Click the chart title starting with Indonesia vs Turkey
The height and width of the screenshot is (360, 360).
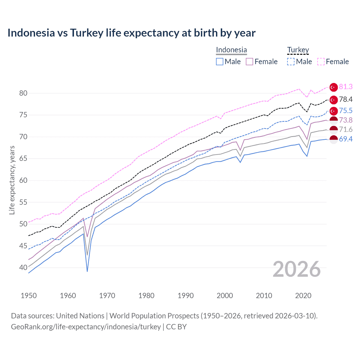click(131, 33)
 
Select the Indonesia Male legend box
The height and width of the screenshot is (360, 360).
click(220, 62)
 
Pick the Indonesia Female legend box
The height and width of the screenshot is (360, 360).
click(249, 62)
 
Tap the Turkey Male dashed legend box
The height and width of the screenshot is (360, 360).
click(291, 62)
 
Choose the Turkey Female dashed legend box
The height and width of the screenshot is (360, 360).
click(321, 62)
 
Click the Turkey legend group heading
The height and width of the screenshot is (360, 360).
click(298, 50)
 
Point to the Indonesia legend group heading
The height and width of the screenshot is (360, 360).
click(231, 50)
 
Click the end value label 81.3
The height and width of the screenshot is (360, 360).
click(346, 87)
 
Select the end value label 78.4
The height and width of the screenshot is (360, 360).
click(346, 99)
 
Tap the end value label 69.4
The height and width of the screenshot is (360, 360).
click(346, 139)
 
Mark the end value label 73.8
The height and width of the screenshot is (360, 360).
click(346, 120)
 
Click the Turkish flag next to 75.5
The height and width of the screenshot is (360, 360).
click(334, 111)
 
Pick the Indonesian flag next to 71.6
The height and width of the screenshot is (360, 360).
click(334, 130)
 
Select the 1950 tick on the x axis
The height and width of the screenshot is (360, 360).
click(29, 296)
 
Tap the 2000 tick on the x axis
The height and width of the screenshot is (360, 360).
click(225, 296)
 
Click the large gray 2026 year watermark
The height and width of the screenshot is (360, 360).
click(296, 269)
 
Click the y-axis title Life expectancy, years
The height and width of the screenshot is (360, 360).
click(12, 180)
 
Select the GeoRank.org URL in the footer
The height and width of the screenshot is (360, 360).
click(86, 327)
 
